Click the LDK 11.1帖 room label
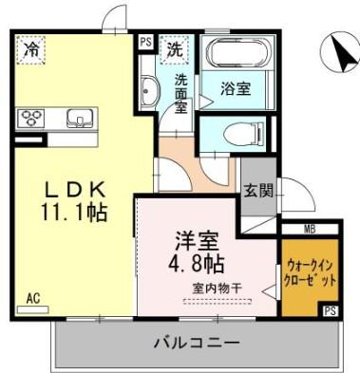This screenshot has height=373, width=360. [74, 201]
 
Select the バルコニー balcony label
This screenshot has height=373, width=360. [196, 343]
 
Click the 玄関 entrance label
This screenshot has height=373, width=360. [258, 191]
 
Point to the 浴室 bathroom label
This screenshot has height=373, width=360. [236, 89]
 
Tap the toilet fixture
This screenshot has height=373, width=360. [243, 134]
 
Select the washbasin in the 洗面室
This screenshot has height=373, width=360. [148, 89]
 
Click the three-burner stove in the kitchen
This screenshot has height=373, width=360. [31, 118]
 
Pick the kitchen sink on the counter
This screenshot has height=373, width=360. [80, 118]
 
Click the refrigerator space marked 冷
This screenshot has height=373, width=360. [31, 50]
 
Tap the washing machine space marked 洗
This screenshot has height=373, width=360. [175, 50]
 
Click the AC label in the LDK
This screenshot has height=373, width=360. [33, 299]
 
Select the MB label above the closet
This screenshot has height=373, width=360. [310, 230]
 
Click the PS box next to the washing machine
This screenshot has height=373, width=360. [146, 42]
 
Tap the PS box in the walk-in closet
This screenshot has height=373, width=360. [331, 310]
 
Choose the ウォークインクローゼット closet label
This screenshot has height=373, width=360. [310, 273]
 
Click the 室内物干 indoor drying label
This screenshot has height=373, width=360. [218, 289]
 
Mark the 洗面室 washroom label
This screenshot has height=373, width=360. [181, 93]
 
